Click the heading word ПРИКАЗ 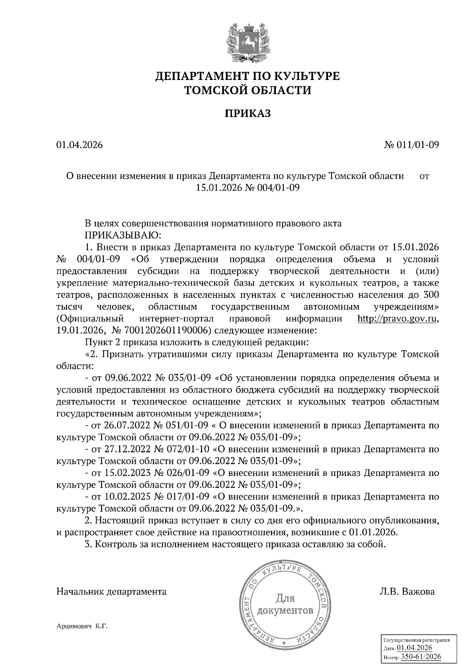(248, 114)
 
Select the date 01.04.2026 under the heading (79, 145)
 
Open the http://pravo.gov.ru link (397, 319)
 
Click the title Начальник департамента (112, 592)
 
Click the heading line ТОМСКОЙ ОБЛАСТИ (248, 91)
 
